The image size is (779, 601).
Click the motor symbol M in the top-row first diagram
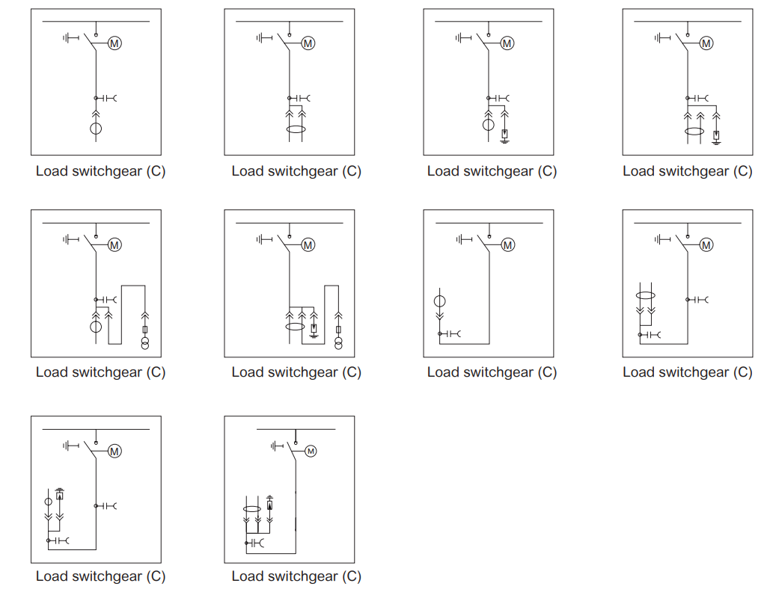point(114,43)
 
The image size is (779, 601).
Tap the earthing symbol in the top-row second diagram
point(264,37)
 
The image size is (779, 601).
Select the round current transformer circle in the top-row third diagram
point(489,125)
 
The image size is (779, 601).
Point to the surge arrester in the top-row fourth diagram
point(716,135)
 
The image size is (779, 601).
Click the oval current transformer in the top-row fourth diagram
point(694,132)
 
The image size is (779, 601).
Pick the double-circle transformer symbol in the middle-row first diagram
point(145,342)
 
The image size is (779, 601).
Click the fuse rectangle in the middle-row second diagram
point(338,330)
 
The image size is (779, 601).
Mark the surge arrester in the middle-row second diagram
point(314,329)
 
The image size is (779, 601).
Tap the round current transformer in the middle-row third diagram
point(440,300)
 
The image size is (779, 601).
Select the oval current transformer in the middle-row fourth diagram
point(645,295)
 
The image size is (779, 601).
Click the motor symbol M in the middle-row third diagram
point(508,244)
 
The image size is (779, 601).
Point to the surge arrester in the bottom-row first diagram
point(60,494)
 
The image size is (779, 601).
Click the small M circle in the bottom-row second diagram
point(311,451)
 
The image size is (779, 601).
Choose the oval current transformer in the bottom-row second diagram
point(252,509)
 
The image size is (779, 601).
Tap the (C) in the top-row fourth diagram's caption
point(743,171)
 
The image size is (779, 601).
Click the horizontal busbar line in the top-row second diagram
point(289,22)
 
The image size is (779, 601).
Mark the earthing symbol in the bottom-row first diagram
point(70,446)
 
